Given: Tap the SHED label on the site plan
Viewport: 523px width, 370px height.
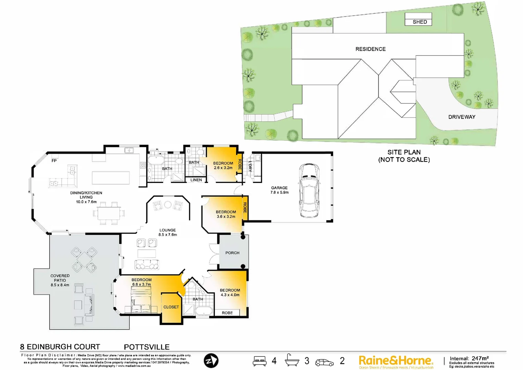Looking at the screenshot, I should tap(419, 22).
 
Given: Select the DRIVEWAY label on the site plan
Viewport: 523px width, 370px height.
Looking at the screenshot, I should tap(461, 117).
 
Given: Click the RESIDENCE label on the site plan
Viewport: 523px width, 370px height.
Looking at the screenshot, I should tap(370, 49).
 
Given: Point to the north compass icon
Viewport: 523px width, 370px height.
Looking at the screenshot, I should tap(211, 361).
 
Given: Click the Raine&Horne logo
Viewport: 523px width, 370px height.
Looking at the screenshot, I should tap(396, 361).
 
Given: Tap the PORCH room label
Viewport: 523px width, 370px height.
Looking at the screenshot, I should tap(232, 253).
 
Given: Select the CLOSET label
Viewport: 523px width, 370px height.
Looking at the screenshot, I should tap(171, 307).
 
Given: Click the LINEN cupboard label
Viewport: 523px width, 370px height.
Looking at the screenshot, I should tap(196, 180).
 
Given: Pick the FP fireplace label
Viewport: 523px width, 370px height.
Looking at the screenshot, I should tap(54, 161).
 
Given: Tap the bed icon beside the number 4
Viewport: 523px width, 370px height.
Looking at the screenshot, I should tap(259, 361).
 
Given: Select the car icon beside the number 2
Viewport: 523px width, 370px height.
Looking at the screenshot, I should tap(324, 362).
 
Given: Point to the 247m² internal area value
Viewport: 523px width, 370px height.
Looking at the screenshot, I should tap(480, 358).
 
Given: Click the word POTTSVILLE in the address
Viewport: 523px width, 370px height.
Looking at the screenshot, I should tap(146, 347).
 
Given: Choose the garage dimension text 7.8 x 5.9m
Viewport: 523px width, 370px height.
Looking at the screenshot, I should tap(279, 193).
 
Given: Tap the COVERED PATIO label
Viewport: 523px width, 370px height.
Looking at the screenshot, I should tap(60, 278).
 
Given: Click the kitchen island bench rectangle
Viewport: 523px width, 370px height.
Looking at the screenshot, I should tap(111, 178).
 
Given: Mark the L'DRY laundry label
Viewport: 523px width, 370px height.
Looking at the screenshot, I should tap(250, 166).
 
